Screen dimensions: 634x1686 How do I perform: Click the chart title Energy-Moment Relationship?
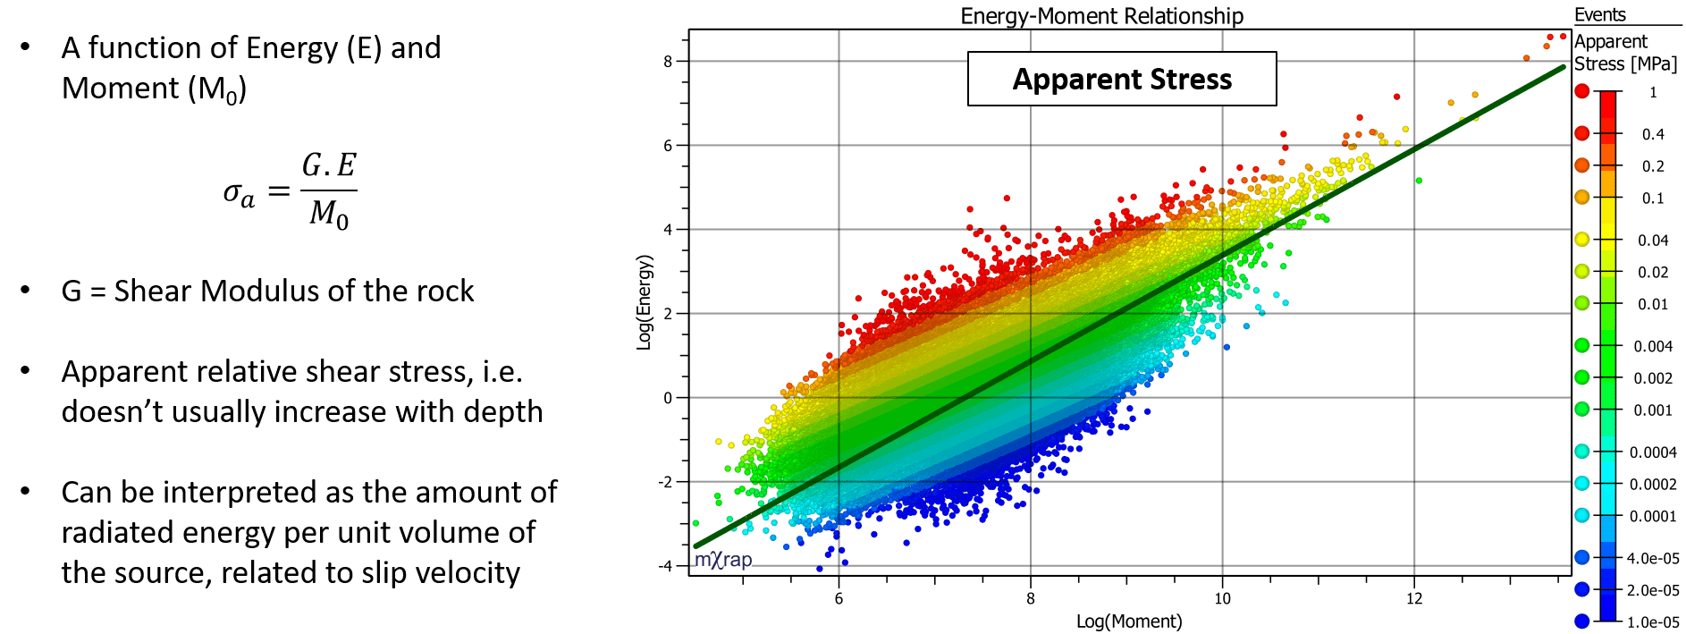coord(1101,16)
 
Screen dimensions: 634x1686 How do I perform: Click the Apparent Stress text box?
coord(1122,79)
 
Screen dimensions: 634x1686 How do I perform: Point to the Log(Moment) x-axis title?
coord(1128,621)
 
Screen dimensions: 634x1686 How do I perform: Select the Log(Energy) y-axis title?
coord(645,302)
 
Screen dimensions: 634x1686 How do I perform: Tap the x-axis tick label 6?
coord(839,599)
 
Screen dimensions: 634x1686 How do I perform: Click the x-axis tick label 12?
coord(1414,599)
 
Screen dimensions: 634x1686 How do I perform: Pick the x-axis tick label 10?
coord(1222,599)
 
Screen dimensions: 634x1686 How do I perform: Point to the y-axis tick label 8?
coord(668,62)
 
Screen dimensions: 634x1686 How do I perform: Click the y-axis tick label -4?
coord(665,566)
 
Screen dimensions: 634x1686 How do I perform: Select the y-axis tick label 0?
coord(668,398)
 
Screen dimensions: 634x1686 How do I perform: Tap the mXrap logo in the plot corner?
coord(723,560)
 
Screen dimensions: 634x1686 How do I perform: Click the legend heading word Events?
coord(1600,15)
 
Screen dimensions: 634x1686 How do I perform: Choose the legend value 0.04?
coord(1653,241)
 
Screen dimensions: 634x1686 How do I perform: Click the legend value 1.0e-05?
coord(1653,622)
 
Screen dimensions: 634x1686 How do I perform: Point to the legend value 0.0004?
coord(1653,452)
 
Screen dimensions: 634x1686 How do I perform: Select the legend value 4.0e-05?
coord(1653,559)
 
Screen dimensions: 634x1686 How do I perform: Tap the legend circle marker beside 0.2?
coord(1582,165)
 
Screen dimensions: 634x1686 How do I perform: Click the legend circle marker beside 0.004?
coord(1582,345)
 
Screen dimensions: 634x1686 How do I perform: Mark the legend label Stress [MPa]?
coord(1625,64)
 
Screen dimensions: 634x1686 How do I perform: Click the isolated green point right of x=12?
coord(1419,181)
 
